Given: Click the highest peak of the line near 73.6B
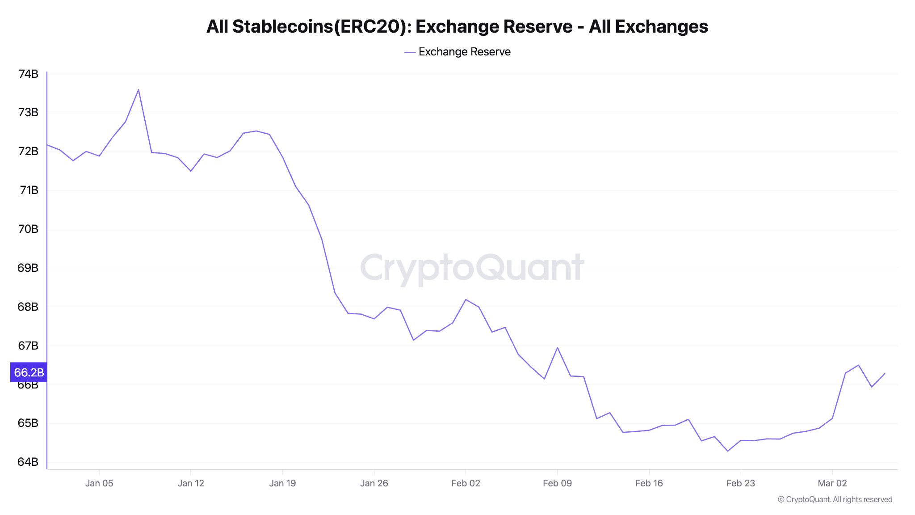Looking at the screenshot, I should click(139, 90).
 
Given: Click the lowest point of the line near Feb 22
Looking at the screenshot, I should click(728, 451).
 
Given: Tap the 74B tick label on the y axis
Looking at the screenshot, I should click(28, 74).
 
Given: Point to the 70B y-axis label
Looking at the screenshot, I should click(28, 229).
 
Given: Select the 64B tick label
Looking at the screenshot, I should click(28, 462).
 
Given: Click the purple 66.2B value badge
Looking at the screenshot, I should click(29, 372).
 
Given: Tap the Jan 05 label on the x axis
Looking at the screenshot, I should click(99, 483).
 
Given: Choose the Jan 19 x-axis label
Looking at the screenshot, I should click(282, 483).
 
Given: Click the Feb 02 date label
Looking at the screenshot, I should click(466, 483).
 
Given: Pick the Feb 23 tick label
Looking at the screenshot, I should click(740, 483).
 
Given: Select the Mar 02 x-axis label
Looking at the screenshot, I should click(832, 483).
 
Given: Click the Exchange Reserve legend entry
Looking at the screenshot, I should click(458, 52).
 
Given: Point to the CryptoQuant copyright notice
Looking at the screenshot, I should click(835, 499).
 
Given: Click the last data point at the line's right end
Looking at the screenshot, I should click(885, 374).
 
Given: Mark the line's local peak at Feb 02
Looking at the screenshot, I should click(466, 300).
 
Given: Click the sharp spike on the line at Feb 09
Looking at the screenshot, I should click(557, 347).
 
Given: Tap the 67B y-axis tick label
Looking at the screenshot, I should click(28, 346).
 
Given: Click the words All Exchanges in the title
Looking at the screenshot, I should click(648, 27).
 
